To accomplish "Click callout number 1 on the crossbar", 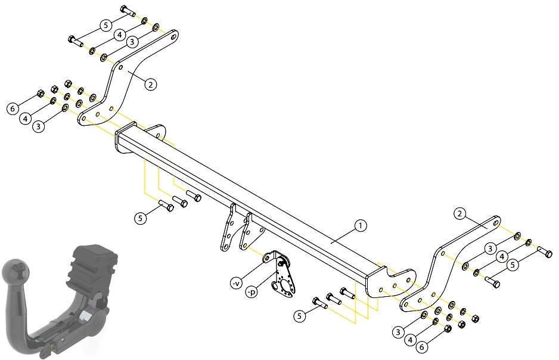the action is point(361,226).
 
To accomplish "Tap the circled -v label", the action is point(236,284).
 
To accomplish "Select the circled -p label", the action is point(251,292).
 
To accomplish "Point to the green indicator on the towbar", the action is point(63,340).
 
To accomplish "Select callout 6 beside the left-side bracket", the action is point(13,108).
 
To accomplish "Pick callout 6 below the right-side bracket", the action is point(422,347).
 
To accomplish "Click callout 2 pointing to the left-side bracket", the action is point(150,85).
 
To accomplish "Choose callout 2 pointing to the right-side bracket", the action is point(459,214).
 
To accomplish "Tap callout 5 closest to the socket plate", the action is point(299,316).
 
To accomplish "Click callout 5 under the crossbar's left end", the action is point(140,218).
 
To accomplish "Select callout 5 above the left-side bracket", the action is point(105,25).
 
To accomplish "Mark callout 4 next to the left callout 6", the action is point(25,118).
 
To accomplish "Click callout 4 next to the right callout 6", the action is point(411,340).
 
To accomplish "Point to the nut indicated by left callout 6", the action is point(41,94).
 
